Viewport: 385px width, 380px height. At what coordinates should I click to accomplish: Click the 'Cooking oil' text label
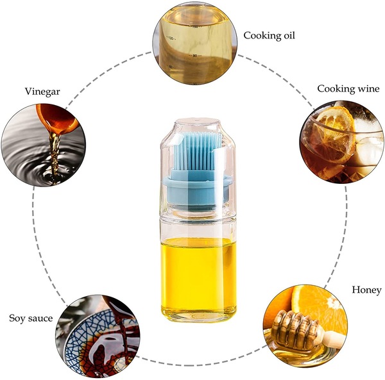point(269,35)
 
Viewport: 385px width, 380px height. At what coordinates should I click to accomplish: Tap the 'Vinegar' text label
point(42,92)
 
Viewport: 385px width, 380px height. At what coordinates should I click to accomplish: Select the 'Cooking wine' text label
point(348,88)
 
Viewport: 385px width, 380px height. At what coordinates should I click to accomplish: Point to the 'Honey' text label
point(366,290)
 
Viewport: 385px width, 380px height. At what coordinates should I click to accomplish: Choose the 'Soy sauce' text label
point(31,318)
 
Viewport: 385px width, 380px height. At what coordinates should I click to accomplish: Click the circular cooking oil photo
point(195,42)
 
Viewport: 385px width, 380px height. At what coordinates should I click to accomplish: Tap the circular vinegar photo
point(44,145)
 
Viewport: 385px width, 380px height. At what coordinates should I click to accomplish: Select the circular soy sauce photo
point(98,337)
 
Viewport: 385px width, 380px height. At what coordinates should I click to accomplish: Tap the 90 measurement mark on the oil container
point(194,56)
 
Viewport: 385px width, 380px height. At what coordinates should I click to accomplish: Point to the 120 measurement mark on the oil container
point(171,38)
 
